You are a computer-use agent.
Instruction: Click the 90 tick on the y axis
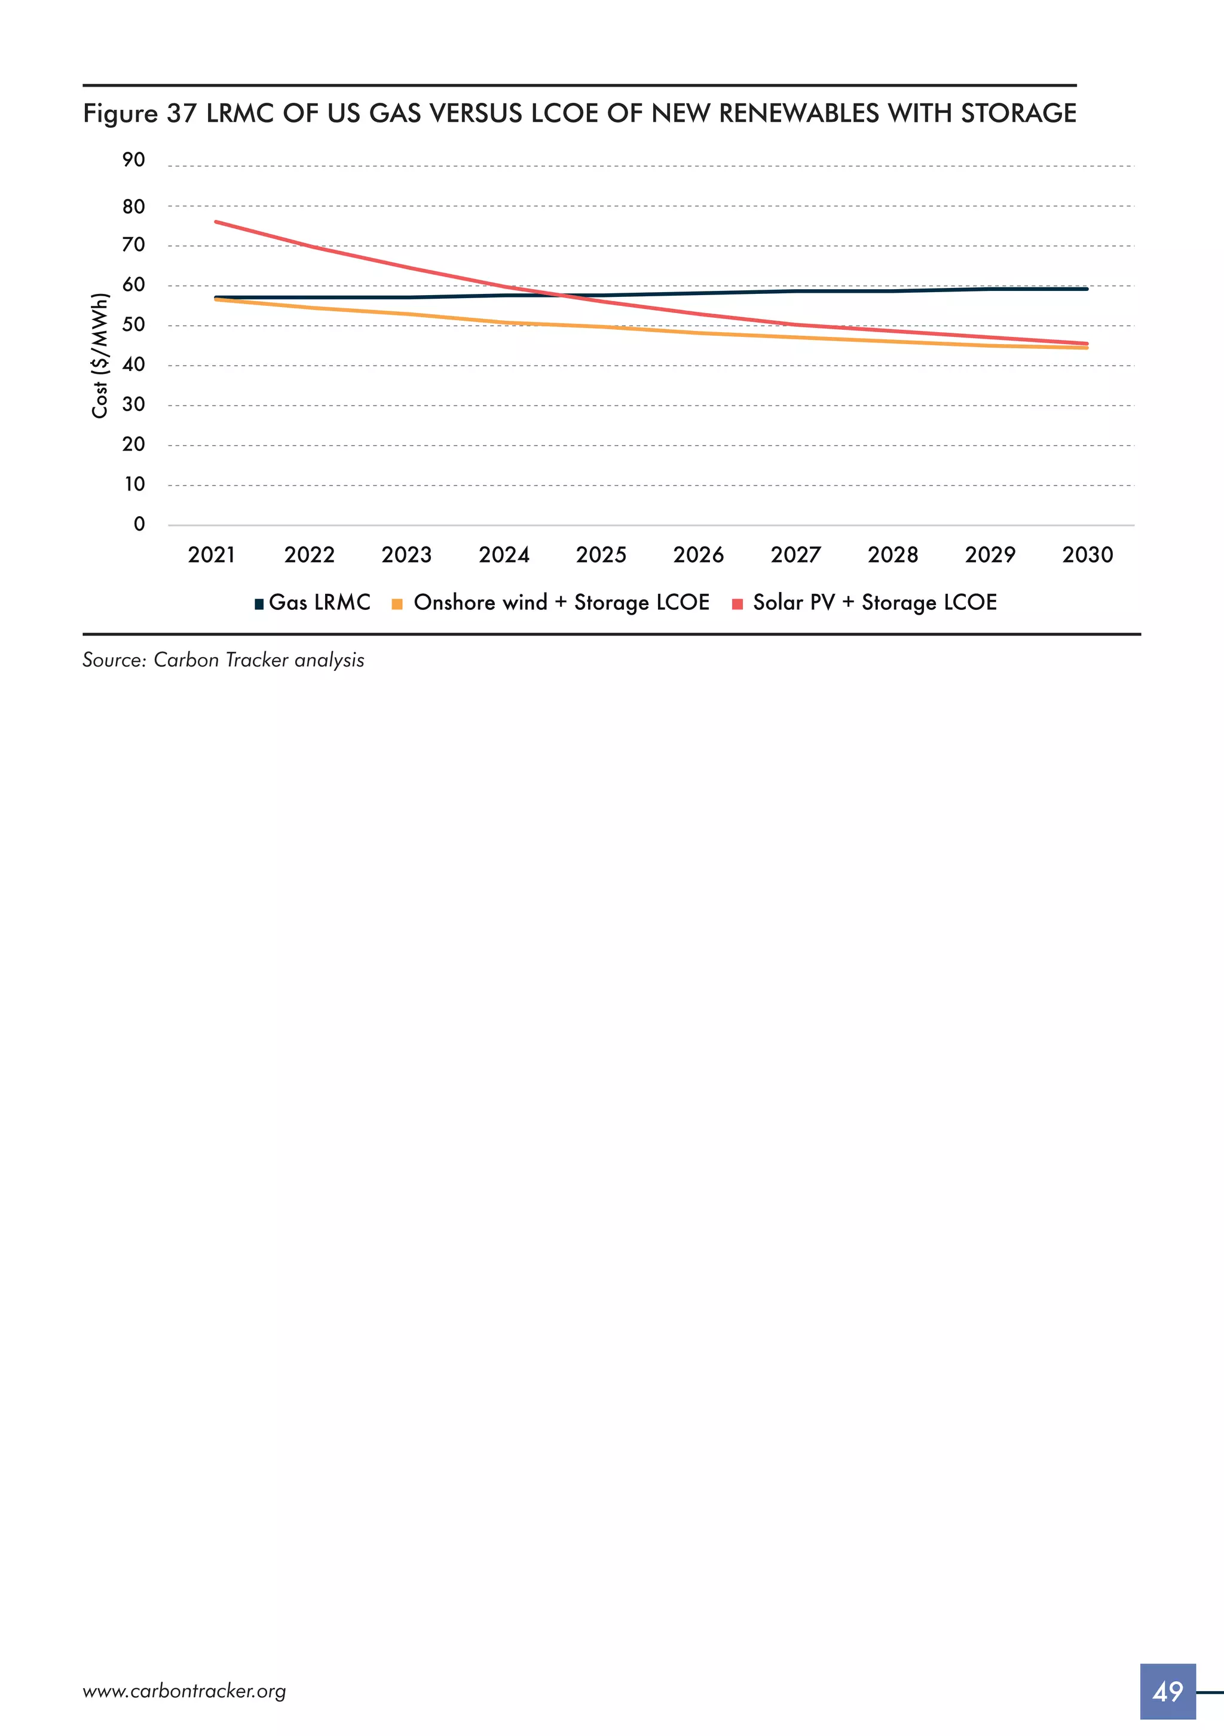pyautogui.click(x=133, y=160)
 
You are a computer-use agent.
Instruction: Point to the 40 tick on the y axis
pyautogui.click(x=133, y=365)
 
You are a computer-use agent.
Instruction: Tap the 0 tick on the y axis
pyautogui.click(x=139, y=524)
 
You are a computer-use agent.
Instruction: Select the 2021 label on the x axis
pyautogui.click(x=211, y=555)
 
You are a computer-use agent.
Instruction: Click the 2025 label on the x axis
pyautogui.click(x=601, y=555)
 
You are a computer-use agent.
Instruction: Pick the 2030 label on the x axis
pyautogui.click(x=1087, y=555)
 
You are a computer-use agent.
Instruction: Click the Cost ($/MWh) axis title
pyautogui.click(x=99, y=355)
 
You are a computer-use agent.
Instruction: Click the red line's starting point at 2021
pyautogui.click(x=216, y=222)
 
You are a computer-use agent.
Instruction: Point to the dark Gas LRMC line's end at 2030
pyautogui.click(x=1087, y=289)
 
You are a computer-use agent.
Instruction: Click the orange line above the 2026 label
pyautogui.click(x=698, y=333)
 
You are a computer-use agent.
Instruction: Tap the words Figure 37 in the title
pyautogui.click(x=140, y=114)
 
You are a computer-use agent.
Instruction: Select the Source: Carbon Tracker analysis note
pyautogui.click(x=223, y=660)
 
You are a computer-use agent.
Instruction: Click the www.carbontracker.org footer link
pyautogui.click(x=184, y=1691)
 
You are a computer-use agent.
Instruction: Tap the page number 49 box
pyautogui.click(x=1167, y=1691)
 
